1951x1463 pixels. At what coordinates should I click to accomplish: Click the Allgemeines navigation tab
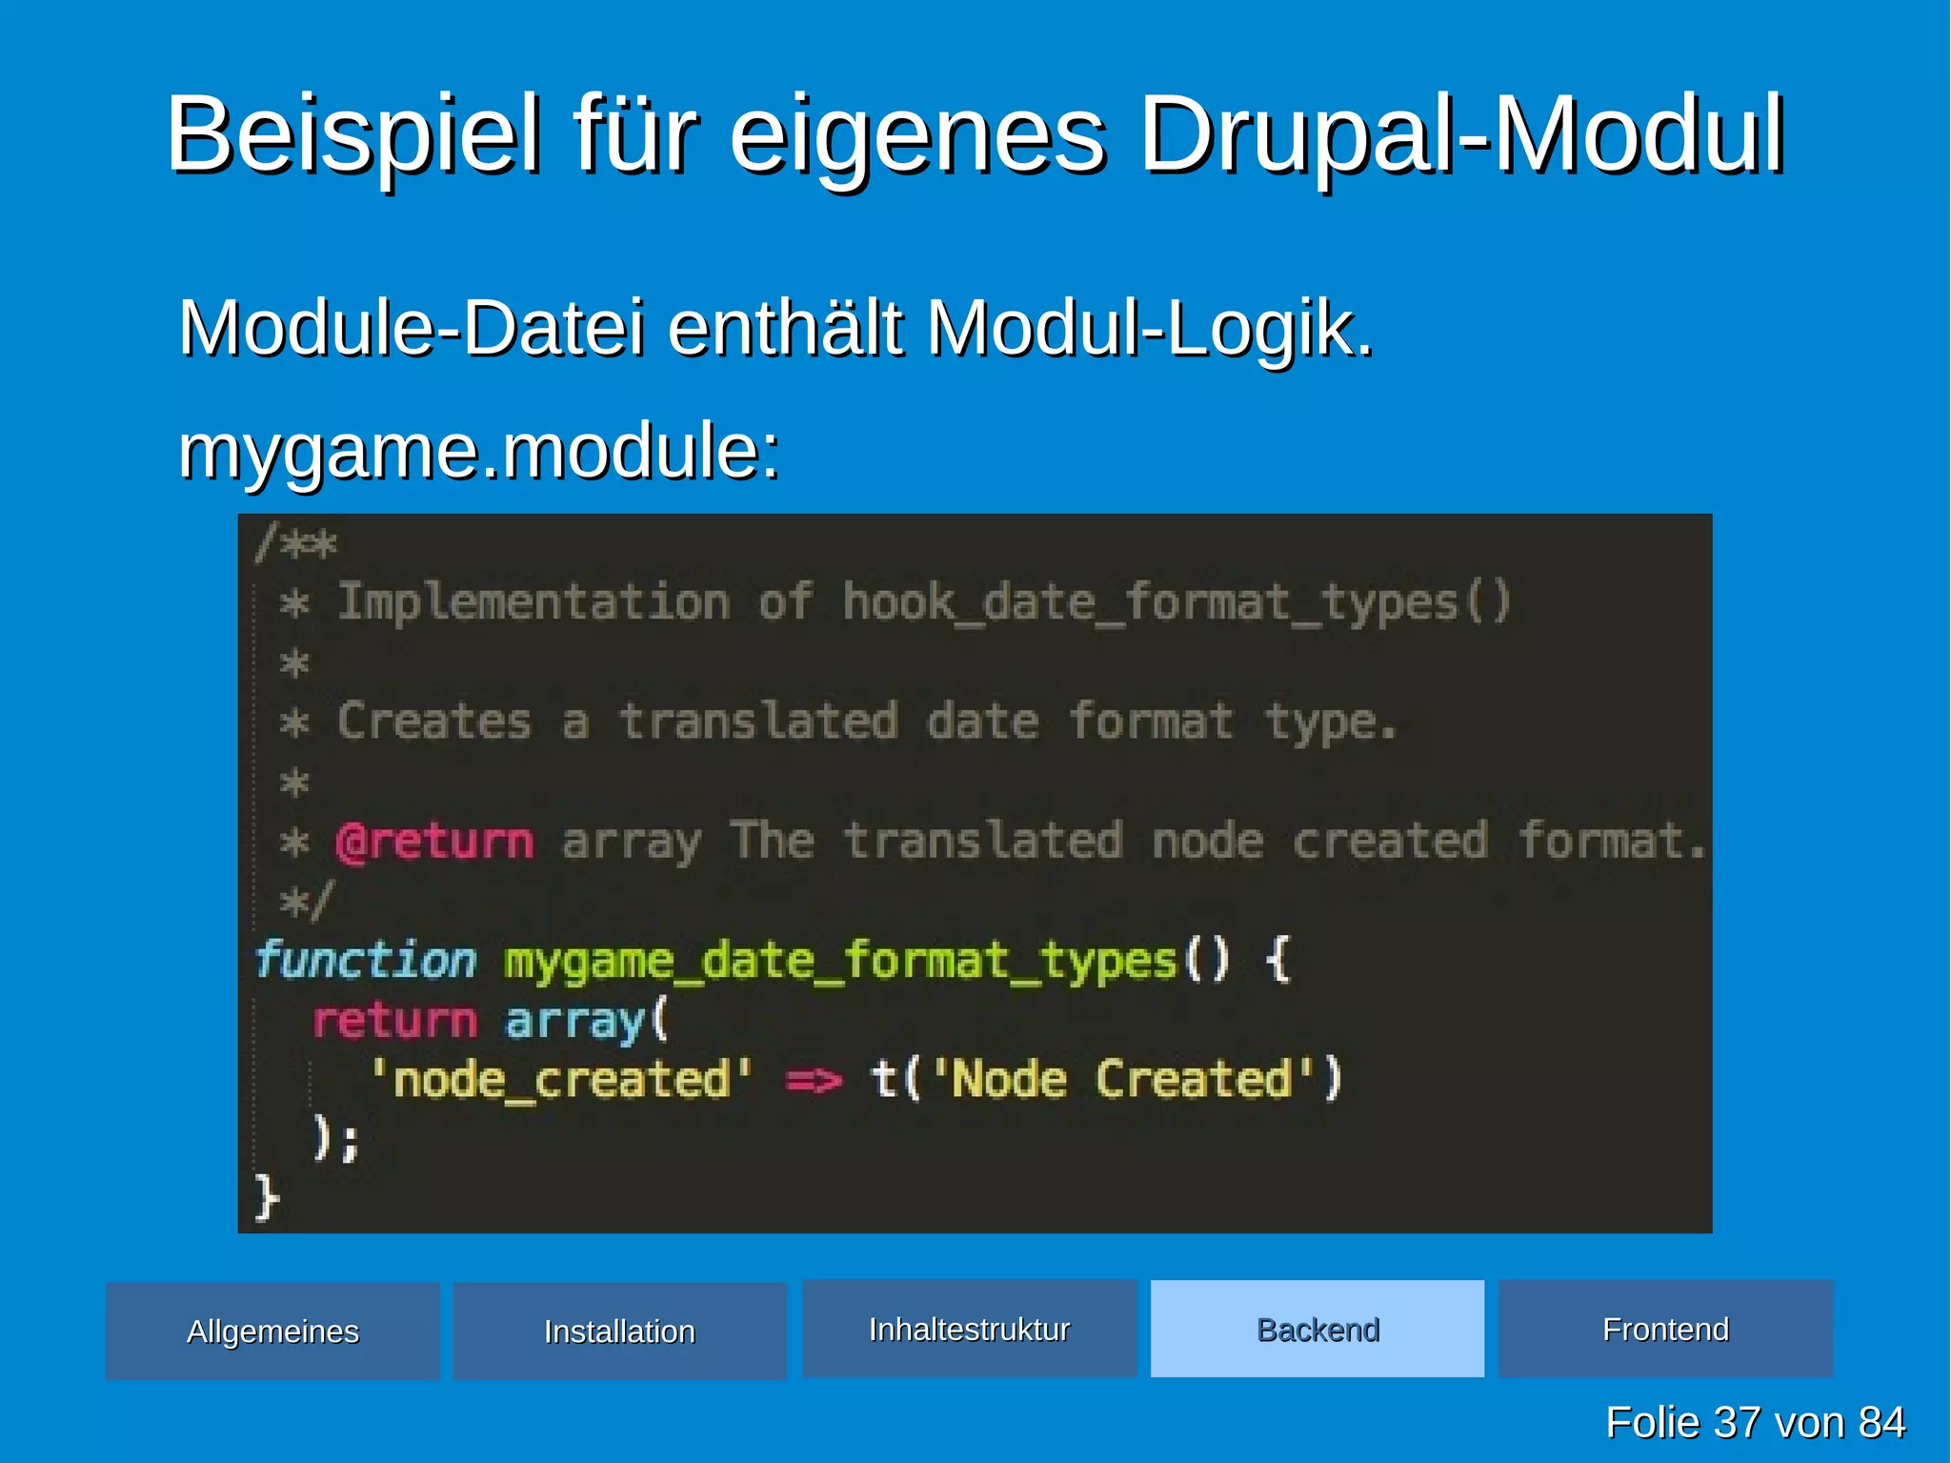(x=272, y=1331)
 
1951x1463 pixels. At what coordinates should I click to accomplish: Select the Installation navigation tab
(x=619, y=1331)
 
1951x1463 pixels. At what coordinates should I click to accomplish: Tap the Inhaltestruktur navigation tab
(x=969, y=1329)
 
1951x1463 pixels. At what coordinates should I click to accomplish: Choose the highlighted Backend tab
(x=1317, y=1329)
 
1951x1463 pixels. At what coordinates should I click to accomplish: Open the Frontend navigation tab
(x=1665, y=1329)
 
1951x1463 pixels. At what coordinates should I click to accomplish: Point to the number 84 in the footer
(x=1881, y=1422)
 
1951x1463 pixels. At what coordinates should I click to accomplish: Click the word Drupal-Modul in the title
(x=1461, y=135)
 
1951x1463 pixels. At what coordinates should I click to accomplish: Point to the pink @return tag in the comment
(x=434, y=842)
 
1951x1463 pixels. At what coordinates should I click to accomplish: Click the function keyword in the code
(x=366, y=960)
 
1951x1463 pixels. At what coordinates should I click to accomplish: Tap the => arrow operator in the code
(x=814, y=1080)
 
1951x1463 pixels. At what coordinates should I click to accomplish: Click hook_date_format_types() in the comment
(x=1177, y=602)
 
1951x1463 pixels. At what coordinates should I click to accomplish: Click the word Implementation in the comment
(x=534, y=602)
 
